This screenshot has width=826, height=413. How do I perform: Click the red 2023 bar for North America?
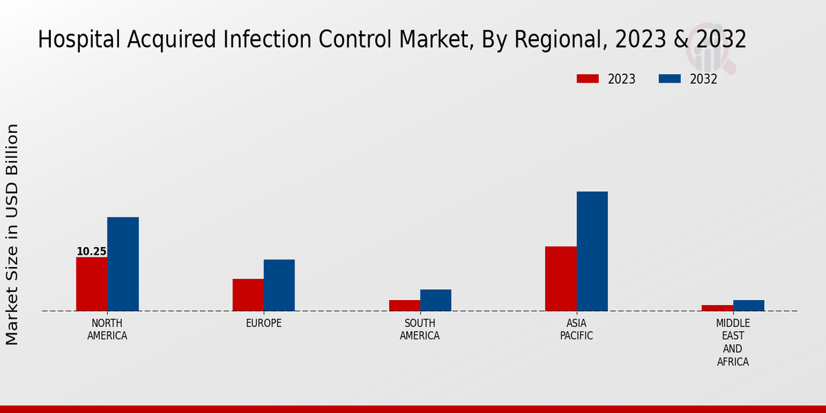point(92,284)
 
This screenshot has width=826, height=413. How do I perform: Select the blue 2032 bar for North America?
point(123,264)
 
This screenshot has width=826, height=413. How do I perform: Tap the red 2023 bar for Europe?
point(248,295)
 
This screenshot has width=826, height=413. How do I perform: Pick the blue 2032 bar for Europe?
point(279,285)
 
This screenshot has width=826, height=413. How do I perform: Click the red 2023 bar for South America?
point(404,306)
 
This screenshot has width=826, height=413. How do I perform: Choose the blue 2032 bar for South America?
point(436,300)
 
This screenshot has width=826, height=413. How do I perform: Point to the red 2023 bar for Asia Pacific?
point(560,278)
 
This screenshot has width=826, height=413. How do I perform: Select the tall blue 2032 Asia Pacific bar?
point(592,251)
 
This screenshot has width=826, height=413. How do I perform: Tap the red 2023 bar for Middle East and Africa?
point(717,308)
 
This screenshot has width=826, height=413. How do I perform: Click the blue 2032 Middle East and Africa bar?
point(748,306)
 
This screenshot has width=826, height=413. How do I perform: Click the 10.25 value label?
point(92,252)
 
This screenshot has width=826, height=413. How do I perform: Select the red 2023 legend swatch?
point(587,78)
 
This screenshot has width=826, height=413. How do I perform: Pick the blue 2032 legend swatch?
point(669,78)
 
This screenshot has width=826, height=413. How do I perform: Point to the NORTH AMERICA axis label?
point(107,330)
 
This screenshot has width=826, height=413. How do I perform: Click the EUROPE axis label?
point(264,324)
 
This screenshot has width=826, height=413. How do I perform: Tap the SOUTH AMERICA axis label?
point(420,330)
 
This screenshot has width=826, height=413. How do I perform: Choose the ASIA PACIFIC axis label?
point(576,330)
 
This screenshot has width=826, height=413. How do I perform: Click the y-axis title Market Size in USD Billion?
point(12,234)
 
